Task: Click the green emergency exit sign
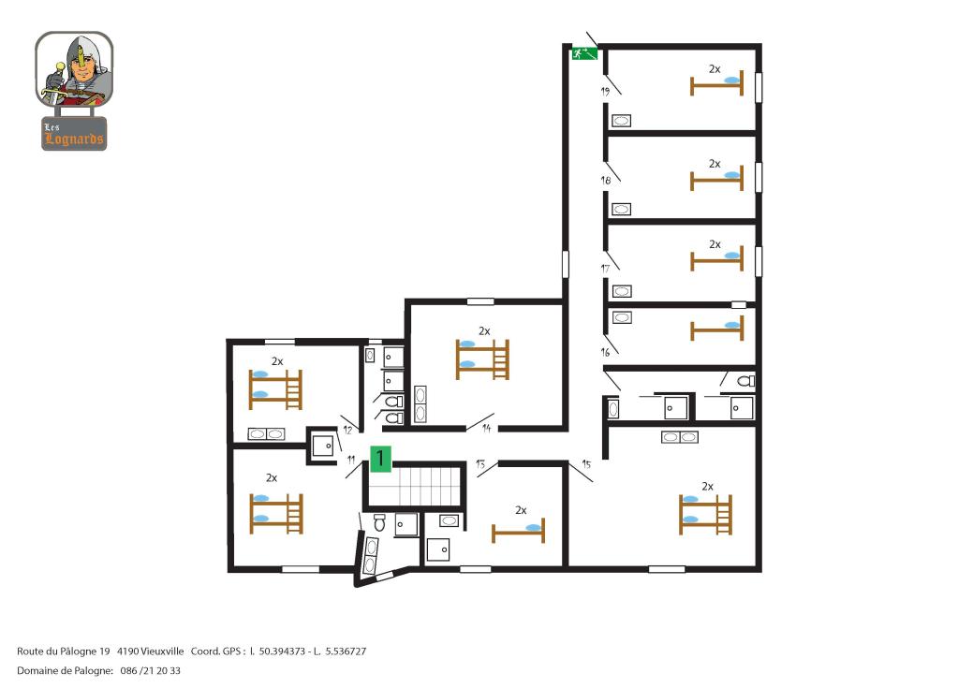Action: coord(584,53)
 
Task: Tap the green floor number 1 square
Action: coord(380,459)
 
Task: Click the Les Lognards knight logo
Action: coord(75,91)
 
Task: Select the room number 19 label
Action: coord(605,91)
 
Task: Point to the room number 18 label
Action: coord(606,181)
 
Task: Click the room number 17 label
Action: coord(605,269)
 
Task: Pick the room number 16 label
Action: coord(605,352)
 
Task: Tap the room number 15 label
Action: coord(586,464)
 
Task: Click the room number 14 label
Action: coord(487,428)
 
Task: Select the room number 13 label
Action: coord(480,464)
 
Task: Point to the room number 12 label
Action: coord(347,430)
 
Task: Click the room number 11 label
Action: coord(351,460)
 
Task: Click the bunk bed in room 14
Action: coord(482,359)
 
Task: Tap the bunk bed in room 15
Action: coord(705,514)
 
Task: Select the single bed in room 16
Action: coord(716,329)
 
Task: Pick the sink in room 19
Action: coord(621,121)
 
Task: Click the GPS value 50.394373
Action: coord(282,651)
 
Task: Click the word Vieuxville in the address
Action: coord(162,651)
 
